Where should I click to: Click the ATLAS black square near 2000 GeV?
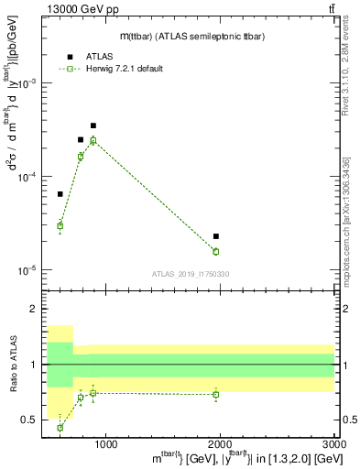pos(216,237)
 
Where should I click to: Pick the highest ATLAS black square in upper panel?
pos(93,125)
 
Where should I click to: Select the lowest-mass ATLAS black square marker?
pos(60,194)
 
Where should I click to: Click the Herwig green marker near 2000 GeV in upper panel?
pos(216,251)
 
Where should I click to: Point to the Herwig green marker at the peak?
pos(93,140)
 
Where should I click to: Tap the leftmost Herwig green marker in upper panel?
pos(60,225)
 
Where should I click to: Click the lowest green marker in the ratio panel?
pos(60,428)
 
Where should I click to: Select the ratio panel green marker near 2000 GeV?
pos(216,395)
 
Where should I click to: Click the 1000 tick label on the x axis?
pos(105,445)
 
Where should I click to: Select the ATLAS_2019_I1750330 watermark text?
pos(190,274)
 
